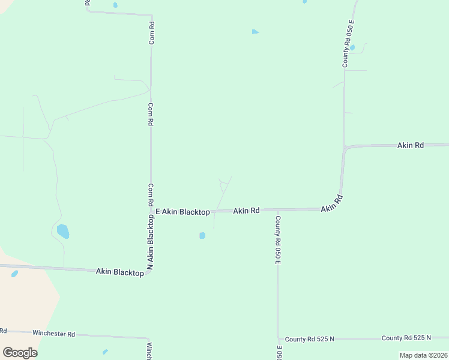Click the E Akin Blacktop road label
[x=182, y=212]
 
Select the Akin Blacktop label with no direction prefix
[x=119, y=272]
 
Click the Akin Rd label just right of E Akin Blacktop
[x=246, y=211]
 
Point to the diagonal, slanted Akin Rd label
[x=331, y=203]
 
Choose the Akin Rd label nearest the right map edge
[x=411, y=145]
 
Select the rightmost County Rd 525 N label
[x=406, y=338]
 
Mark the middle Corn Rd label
[x=151, y=113]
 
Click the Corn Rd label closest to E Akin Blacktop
[x=151, y=196]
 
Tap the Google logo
[x=20, y=352]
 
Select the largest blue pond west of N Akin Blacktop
[x=62, y=231]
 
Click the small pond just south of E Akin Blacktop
[x=202, y=235]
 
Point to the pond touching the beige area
[x=14, y=274]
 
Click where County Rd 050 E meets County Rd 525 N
[x=278, y=339]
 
